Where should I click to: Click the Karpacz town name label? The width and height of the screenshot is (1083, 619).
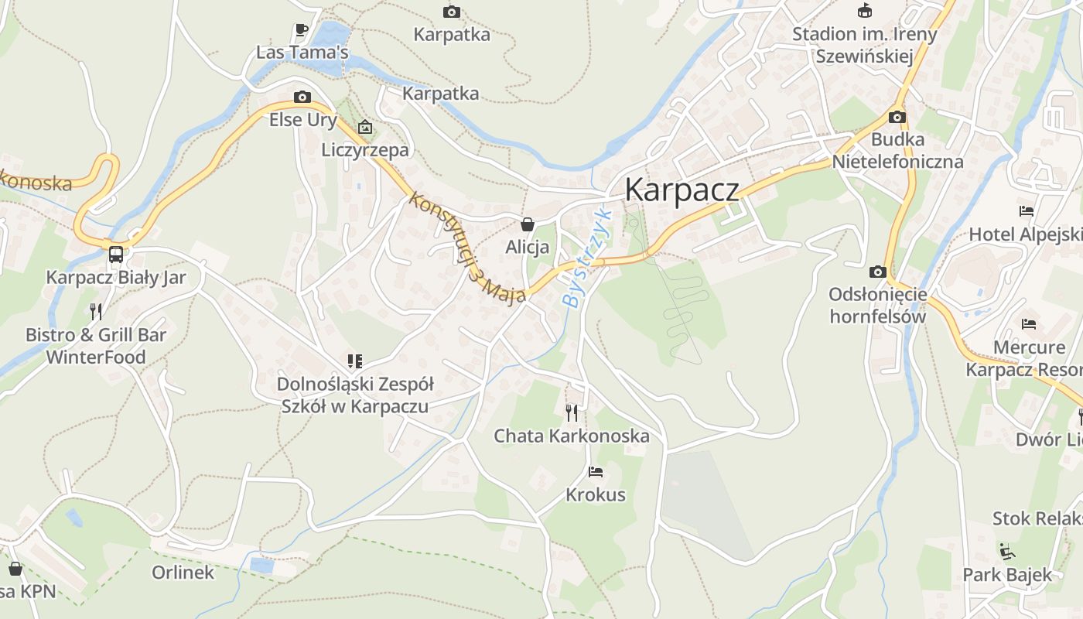[682, 190]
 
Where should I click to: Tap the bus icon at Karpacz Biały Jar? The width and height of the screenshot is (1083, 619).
[116, 254]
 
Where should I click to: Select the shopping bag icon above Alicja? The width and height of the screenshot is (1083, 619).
[528, 224]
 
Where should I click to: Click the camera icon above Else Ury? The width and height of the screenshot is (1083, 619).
[302, 97]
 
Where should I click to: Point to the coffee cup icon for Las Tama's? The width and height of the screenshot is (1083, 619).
[302, 30]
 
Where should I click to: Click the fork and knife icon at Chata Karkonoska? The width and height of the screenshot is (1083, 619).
[572, 412]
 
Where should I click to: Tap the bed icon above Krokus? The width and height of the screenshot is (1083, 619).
[595, 471]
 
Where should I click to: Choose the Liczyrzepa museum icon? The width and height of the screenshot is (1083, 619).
[365, 127]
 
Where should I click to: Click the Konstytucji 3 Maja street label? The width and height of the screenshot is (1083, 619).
[467, 248]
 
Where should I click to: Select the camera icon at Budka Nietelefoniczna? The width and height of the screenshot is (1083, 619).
[897, 117]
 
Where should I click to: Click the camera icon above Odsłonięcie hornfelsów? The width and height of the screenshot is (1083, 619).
[877, 272]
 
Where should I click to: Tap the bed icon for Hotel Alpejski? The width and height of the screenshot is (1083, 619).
[1027, 210]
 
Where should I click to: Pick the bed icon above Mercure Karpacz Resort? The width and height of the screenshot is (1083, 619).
[1028, 323]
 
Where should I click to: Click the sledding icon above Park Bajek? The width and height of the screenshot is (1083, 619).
[1007, 552]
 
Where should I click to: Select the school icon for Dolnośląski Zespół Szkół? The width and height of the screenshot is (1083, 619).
[355, 361]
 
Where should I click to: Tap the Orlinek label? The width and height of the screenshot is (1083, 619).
[183, 573]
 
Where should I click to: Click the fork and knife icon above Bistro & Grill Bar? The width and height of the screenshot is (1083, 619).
[96, 312]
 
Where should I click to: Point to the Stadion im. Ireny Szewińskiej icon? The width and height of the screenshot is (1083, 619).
[865, 11]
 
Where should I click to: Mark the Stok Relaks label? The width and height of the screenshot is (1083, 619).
[1037, 518]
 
